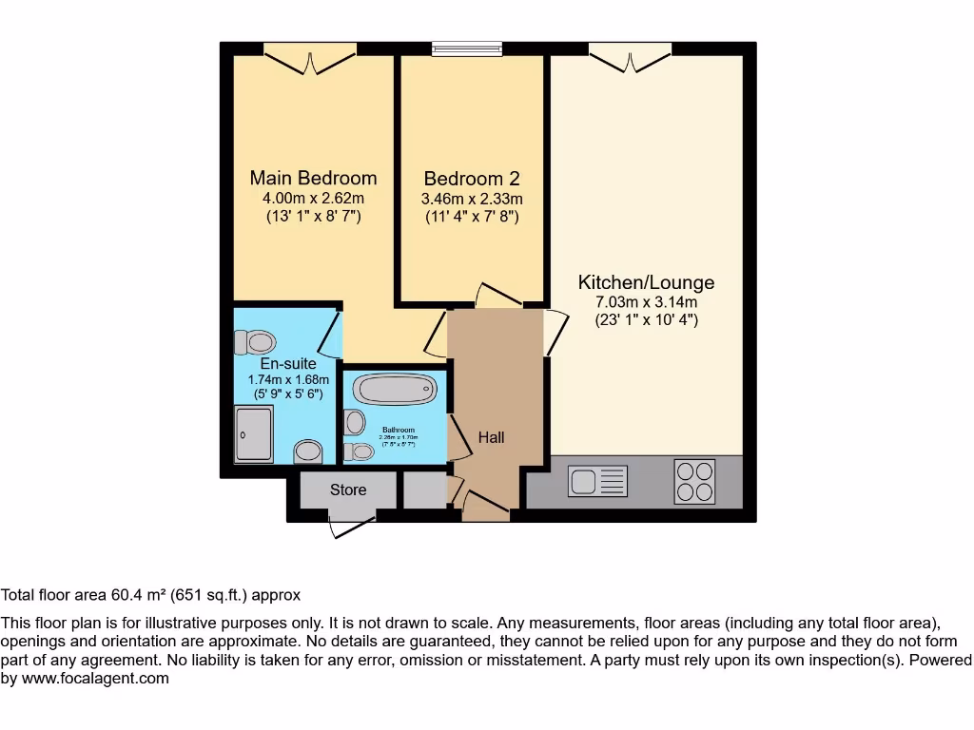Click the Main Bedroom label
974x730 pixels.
pos(313,178)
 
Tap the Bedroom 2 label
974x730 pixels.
pos(472,179)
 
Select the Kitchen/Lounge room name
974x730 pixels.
pos(647,282)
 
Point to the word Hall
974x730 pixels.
pos(491,437)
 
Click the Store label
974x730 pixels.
pos(348,490)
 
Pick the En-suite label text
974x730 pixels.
pos(288,363)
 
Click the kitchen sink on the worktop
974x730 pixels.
pos(596,482)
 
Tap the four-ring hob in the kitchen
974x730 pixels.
pos(694,481)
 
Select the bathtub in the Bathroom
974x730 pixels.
pos(394,390)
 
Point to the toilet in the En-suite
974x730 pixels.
pos(255,340)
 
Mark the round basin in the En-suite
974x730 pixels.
pos(308,451)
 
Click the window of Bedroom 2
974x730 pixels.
pos(466,49)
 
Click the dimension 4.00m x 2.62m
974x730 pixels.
pos(313,199)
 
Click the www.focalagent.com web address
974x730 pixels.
pos(94,679)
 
